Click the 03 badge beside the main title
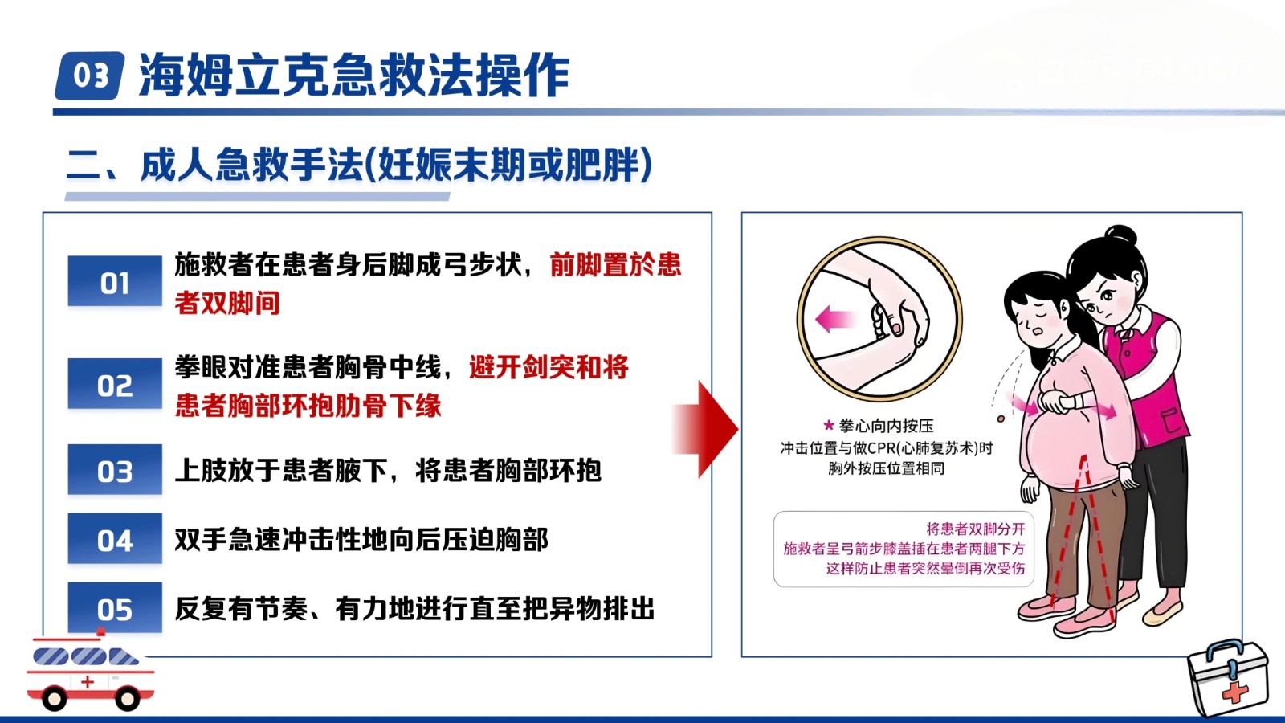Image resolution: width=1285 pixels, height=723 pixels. (x=90, y=76)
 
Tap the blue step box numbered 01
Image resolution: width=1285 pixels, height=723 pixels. (x=115, y=281)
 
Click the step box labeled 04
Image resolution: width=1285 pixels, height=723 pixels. (x=115, y=538)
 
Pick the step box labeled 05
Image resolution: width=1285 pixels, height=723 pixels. (x=115, y=607)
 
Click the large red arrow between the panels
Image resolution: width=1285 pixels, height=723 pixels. (x=705, y=429)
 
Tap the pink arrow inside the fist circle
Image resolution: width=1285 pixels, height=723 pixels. (x=835, y=318)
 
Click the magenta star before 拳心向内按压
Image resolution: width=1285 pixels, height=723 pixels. (x=828, y=425)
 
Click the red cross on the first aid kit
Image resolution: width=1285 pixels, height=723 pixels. (x=1234, y=692)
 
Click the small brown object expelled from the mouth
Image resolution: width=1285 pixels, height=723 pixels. (x=1001, y=419)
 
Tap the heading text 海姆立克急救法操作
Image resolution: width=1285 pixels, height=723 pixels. (x=354, y=76)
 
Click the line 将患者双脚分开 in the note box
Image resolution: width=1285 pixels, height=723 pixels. (x=975, y=529)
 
